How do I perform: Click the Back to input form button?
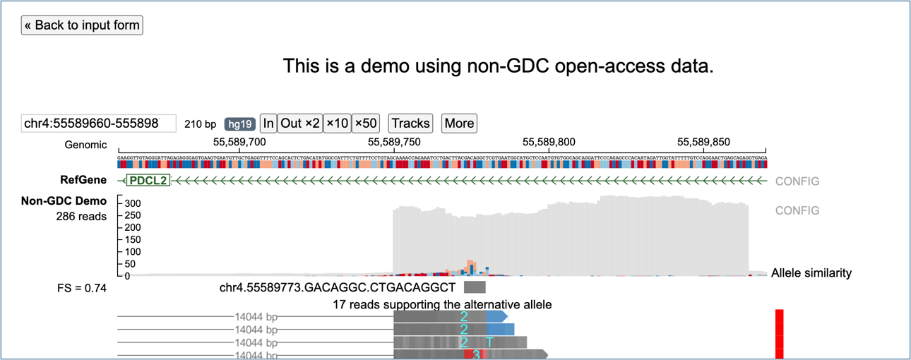point(82,25)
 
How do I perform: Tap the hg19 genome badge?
point(239,124)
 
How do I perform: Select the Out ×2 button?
point(300,124)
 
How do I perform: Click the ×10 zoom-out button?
point(337,124)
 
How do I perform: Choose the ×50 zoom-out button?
point(366,124)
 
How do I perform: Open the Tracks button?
point(410,124)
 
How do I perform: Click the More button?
point(459,124)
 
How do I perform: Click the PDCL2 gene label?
point(148,181)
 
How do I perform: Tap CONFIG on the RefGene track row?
point(797,181)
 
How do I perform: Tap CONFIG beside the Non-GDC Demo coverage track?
point(797,210)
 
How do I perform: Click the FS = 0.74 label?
point(82,288)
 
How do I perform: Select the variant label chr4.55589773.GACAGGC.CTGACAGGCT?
point(338,288)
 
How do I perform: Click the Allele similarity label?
point(811,273)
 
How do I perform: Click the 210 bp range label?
point(201,124)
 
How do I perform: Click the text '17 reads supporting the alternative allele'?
point(442,305)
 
